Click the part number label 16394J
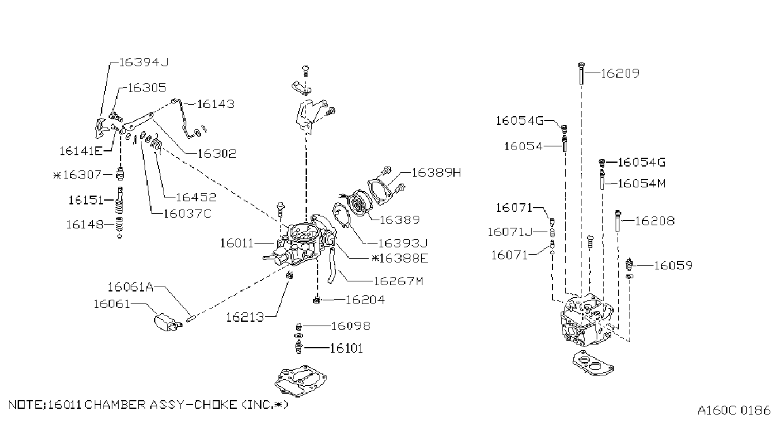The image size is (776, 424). tap(144, 62)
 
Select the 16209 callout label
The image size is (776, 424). tap(620, 73)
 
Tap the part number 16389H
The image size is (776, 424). tap(436, 172)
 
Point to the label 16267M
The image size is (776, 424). tap(398, 281)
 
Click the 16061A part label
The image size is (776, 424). tap(130, 287)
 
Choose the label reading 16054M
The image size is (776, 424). tap(642, 184)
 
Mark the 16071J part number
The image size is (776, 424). tap(510, 232)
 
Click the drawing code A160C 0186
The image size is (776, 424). tap(734, 410)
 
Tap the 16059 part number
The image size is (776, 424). tap(673, 266)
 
